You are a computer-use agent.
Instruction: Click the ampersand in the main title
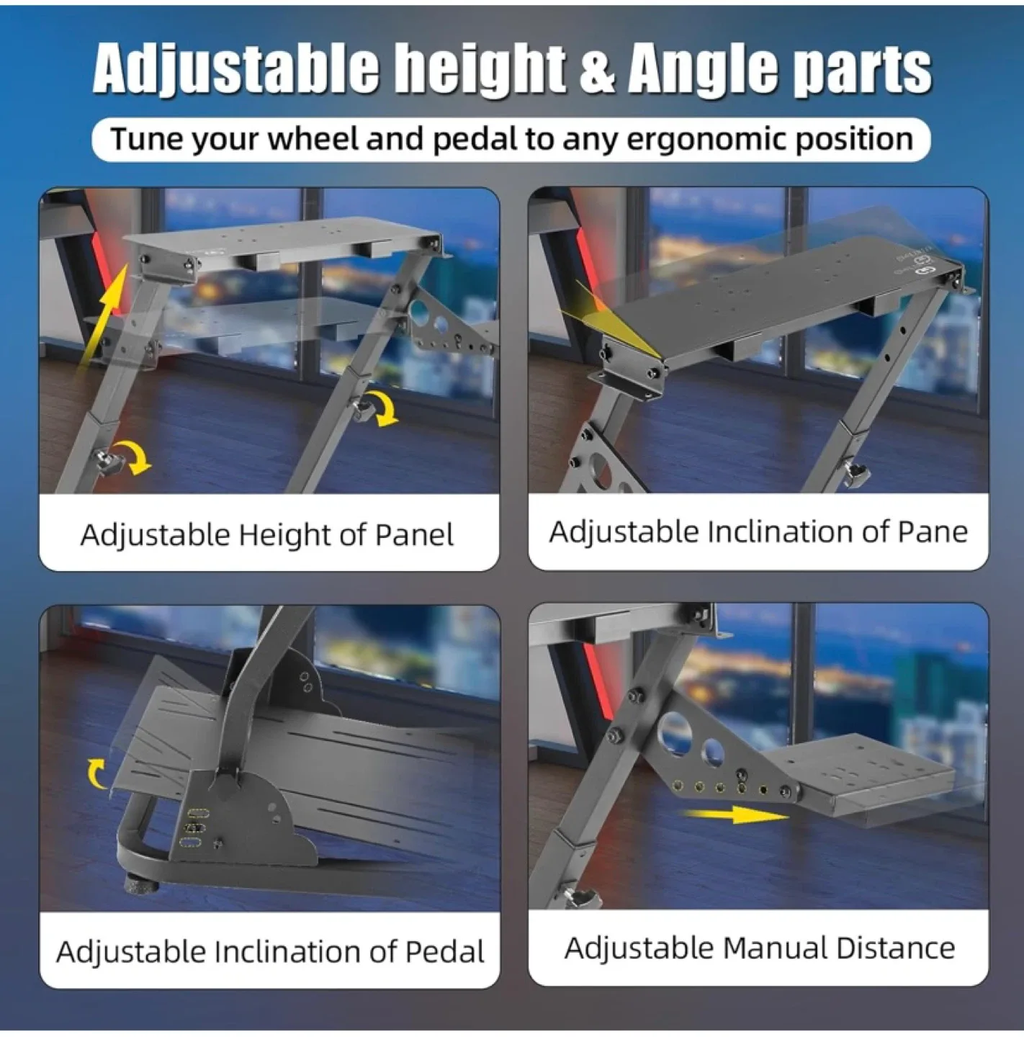(x=596, y=70)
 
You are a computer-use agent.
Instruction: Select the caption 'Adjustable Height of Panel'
(x=267, y=535)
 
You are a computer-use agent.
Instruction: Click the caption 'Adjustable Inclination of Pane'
(x=758, y=532)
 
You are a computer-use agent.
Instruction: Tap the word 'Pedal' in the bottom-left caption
(x=444, y=951)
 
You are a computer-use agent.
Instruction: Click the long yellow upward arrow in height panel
(x=103, y=316)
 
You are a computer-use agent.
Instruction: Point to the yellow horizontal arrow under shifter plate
(x=735, y=815)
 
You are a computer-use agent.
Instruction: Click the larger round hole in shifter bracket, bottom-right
(x=675, y=732)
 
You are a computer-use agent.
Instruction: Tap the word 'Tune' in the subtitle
(x=146, y=138)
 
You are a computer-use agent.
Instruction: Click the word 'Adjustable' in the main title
(x=236, y=70)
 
